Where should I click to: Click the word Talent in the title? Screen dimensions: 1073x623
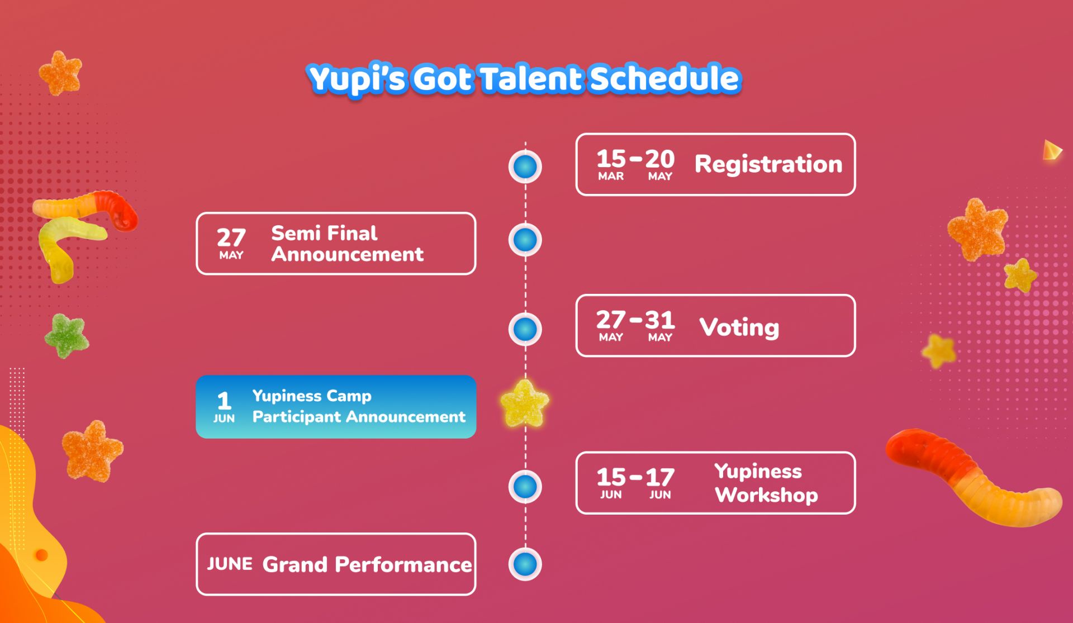[530, 78]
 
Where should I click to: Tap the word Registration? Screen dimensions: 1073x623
[768, 165]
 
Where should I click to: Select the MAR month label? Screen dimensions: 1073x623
[611, 177]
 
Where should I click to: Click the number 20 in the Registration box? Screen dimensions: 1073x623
[660, 159]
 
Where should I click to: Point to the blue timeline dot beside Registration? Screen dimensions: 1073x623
[525, 167]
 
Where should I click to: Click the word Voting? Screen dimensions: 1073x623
[739, 327]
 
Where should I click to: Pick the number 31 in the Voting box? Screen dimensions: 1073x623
[660, 320]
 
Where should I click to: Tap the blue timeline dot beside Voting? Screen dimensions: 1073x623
[525, 329]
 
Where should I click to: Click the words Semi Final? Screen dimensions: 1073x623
[324, 233]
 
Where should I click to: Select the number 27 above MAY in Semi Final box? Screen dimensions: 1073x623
[231, 238]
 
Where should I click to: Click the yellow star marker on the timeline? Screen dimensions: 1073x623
[524, 403]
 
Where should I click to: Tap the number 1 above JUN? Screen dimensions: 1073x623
[224, 401]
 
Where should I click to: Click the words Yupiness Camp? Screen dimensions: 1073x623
[312, 396]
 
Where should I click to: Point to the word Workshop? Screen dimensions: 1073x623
[767, 495]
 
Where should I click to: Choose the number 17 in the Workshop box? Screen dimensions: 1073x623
[660, 478]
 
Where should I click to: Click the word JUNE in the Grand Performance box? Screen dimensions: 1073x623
[230, 564]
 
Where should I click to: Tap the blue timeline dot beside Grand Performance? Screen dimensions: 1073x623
[525, 564]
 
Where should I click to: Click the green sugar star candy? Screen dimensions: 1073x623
[67, 336]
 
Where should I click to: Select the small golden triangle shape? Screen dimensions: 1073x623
[1052, 150]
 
